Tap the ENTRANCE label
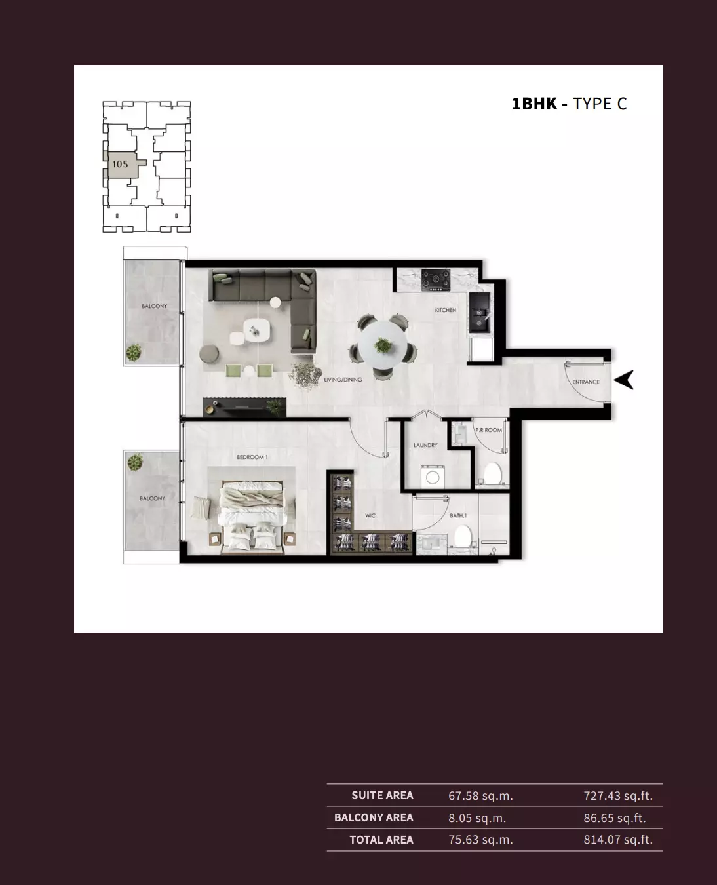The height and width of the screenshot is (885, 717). pyautogui.click(x=586, y=382)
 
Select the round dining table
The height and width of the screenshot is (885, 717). pyautogui.click(x=383, y=344)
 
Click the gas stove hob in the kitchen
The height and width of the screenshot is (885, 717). pyautogui.click(x=436, y=280)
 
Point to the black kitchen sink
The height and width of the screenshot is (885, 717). pyautogui.click(x=480, y=313)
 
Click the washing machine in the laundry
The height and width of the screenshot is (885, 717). pyautogui.click(x=433, y=477)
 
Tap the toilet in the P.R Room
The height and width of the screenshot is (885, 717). pyautogui.click(x=493, y=473)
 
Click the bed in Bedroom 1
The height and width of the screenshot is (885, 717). pyautogui.click(x=253, y=517)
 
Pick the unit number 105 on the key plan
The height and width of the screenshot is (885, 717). pyautogui.click(x=120, y=164)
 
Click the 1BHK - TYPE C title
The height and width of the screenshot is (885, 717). pyautogui.click(x=569, y=104)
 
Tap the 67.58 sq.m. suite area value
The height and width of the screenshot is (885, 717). pyautogui.click(x=480, y=796)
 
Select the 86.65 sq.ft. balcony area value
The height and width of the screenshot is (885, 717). pyautogui.click(x=615, y=818)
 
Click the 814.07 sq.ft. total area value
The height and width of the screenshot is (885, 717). pyautogui.click(x=618, y=840)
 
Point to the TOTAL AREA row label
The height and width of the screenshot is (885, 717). pyautogui.click(x=381, y=840)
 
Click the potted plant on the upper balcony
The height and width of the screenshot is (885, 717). pyautogui.click(x=134, y=353)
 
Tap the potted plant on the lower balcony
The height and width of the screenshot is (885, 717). pyautogui.click(x=135, y=462)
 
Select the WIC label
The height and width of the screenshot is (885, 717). pyautogui.click(x=370, y=516)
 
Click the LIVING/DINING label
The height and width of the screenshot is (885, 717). pyautogui.click(x=343, y=380)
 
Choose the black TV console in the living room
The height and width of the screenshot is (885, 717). pyautogui.click(x=244, y=406)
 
